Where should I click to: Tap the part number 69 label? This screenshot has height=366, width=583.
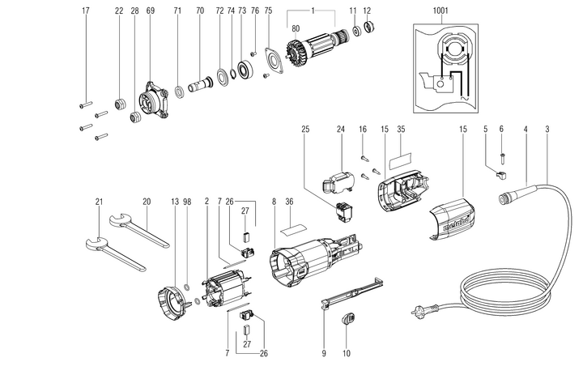coord(151,11)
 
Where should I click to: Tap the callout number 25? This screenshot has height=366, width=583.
coord(305,129)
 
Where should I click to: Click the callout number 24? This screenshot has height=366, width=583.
coord(341,129)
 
